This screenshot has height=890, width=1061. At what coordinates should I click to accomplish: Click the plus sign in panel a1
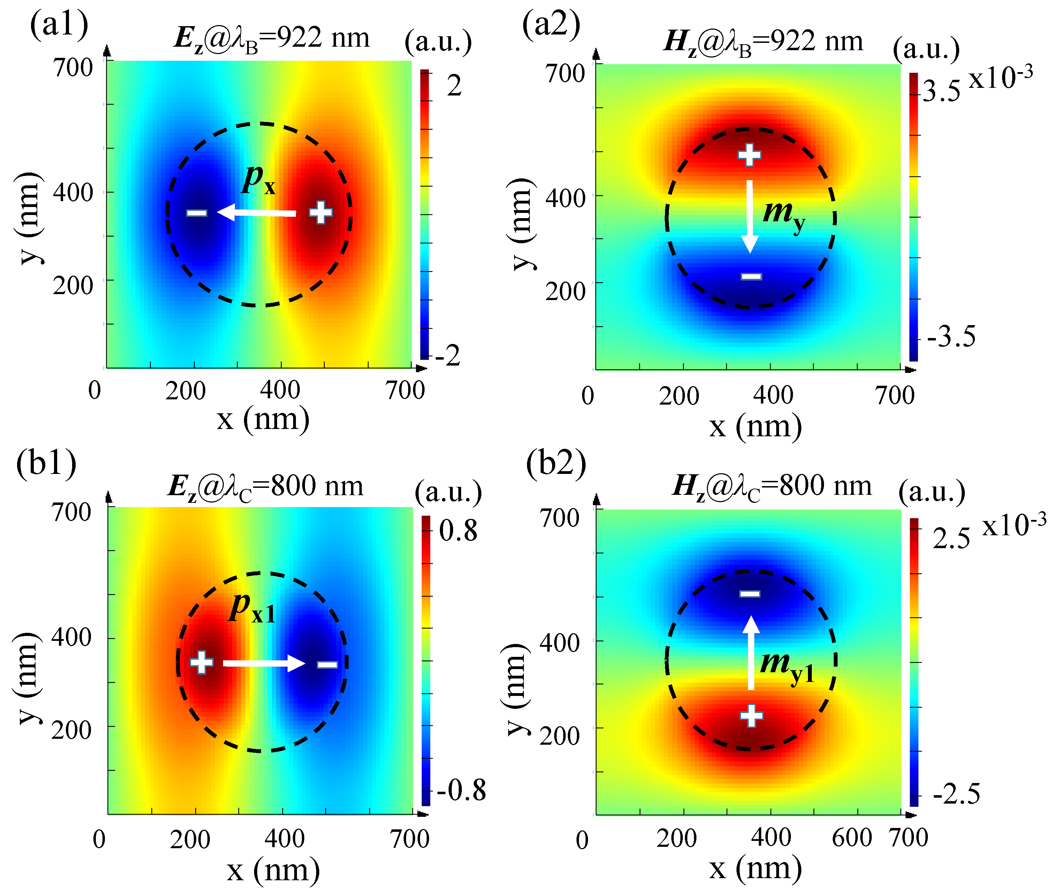(x=321, y=212)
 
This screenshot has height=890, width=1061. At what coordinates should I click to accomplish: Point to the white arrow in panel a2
(x=750, y=216)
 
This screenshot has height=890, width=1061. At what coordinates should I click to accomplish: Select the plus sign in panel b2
(x=751, y=715)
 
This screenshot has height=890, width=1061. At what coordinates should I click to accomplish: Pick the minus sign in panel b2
(x=750, y=593)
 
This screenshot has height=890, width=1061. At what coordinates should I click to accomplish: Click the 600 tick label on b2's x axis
(x=852, y=837)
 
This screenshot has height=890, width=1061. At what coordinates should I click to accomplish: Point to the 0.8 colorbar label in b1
(x=458, y=531)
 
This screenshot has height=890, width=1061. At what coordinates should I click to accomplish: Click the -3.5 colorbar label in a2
(x=951, y=336)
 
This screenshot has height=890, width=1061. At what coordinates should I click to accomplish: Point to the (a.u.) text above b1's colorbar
(x=448, y=492)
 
